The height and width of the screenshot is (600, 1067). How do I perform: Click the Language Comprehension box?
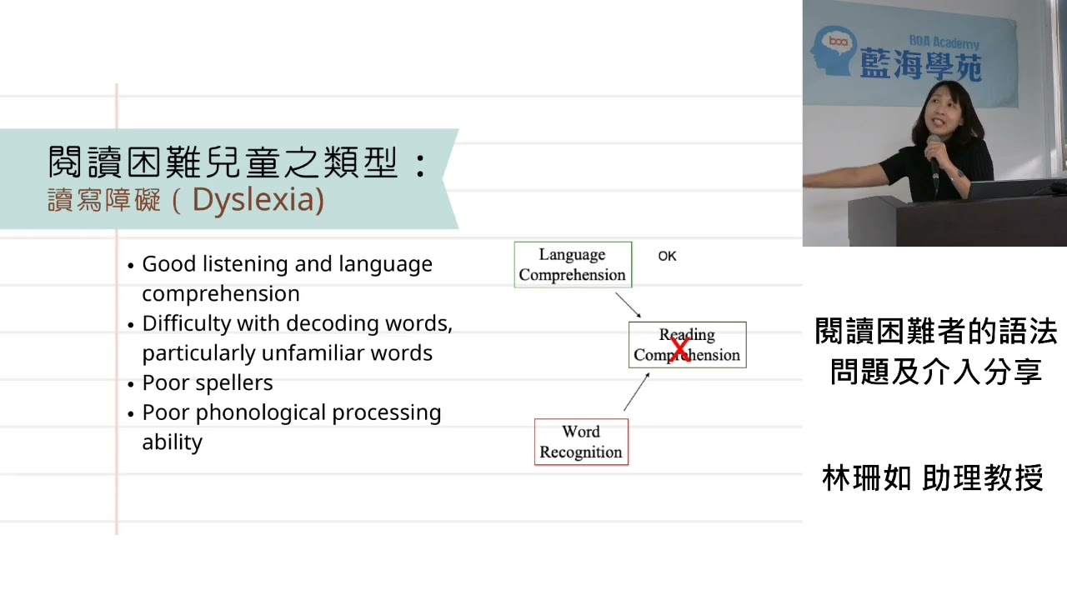573,265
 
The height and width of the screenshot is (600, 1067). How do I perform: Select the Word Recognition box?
581,442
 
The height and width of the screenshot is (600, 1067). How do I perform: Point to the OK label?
667,256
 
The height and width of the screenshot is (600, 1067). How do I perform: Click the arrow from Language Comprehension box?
628,304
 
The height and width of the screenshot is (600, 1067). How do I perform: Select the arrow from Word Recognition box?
636,392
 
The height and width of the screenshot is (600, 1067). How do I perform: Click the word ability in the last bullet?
172,442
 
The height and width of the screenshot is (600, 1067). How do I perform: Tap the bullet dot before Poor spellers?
131,384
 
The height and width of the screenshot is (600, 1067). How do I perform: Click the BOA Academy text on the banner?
944,42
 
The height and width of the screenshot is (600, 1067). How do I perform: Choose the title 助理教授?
983,478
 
